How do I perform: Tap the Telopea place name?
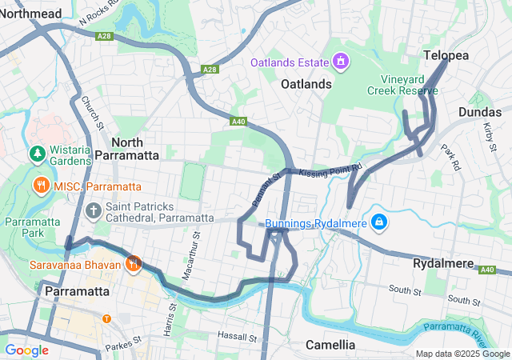pyautogui.click(x=446, y=55)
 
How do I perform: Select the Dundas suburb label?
pyautogui.click(x=481, y=113)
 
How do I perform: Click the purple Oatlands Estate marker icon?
pyautogui.click(x=341, y=62)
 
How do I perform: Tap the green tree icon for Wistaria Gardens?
pyautogui.click(x=36, y=152)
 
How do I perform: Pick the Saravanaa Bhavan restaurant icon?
pyautogui.click(x=133, y=263)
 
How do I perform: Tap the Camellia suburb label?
pyautogui.click(x=330, y=345)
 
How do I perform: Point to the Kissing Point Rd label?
pyautogui.click(x=330, y=170)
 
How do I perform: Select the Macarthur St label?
pyautogui.click(x=197, y=243)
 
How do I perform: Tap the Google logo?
pyautogui.click(x=26, y=350)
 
